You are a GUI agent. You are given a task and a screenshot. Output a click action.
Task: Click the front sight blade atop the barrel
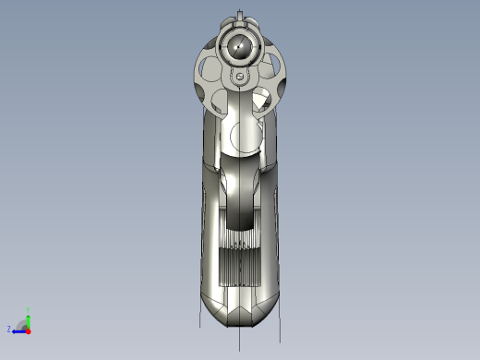(x=241, y=15)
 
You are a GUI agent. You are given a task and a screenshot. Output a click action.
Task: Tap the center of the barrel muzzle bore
(x=240, y=44)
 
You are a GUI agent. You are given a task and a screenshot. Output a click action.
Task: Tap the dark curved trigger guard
(x=239, y=198)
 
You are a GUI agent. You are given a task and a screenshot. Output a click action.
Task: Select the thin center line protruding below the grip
(x=240, y=340)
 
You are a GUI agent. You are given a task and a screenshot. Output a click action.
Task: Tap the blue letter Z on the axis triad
(x=9, y=329)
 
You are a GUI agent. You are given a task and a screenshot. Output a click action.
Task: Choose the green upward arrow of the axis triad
(x=29, y=319)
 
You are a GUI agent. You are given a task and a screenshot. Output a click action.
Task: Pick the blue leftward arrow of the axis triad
(x=18, y=329)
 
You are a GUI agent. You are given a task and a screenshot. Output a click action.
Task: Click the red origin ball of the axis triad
(x=29, y=329)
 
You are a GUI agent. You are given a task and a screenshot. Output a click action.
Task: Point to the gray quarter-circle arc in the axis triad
(x=22, y=322)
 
